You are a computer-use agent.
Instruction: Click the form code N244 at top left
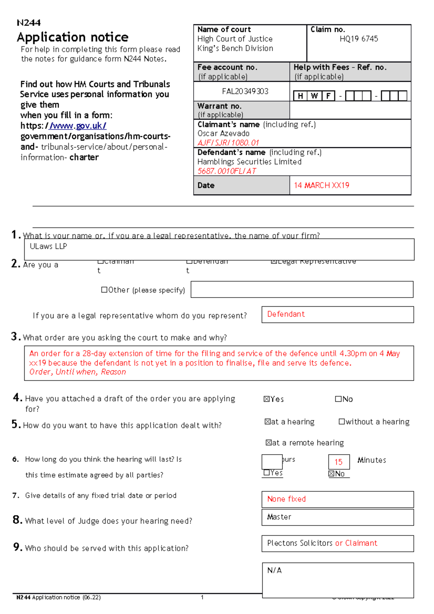29,23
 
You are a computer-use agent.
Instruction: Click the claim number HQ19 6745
358,39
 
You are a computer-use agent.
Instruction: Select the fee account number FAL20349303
245,91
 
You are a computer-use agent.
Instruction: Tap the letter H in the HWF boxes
300,96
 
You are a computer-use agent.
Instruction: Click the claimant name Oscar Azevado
223,133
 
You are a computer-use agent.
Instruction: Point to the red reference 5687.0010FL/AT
227,171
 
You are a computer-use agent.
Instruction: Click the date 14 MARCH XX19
321,186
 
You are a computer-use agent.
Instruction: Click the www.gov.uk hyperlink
78,126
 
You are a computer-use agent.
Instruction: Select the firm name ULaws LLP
48,246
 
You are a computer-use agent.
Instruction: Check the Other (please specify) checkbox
104,290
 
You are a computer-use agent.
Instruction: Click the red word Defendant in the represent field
286,314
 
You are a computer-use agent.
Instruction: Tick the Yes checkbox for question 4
267,399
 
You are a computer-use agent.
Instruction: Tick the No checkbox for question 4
338,399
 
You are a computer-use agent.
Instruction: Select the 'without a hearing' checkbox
341,422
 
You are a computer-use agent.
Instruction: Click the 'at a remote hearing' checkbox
268,443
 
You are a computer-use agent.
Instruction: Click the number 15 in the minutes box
338,462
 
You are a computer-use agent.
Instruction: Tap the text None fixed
286,499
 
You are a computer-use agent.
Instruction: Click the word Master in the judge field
279,517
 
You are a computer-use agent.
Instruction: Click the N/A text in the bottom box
274,570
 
